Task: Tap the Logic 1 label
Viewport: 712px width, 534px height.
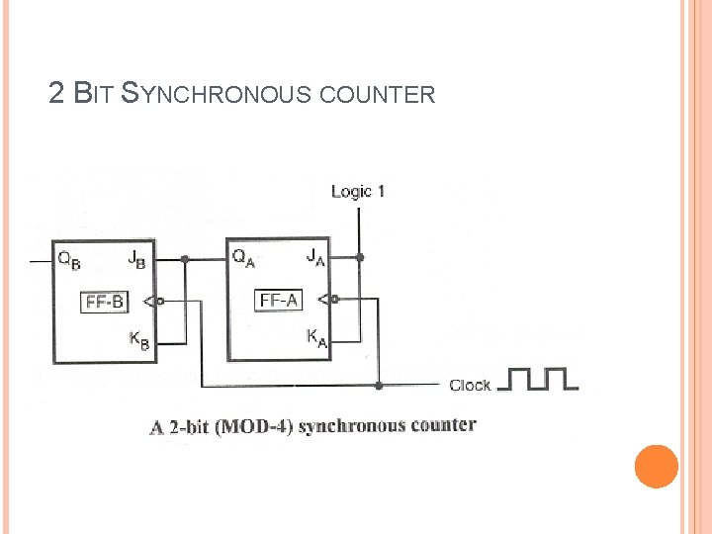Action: [357, 191]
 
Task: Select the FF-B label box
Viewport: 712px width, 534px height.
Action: [105, 302]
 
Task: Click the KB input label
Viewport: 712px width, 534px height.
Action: [139, 340]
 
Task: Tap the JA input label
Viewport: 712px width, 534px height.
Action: [315, 257]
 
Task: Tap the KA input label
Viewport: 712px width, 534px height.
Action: [316, 337]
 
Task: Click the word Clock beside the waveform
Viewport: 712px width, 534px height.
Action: [470, 385]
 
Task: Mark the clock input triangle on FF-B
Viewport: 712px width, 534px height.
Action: [149, 301]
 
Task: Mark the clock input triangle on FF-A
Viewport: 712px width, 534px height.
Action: [327, 299]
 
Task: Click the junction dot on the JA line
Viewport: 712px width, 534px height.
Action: [360, 258]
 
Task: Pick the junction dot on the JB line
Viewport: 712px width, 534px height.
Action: [184, 260]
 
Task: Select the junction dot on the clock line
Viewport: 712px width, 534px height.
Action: [379, 385]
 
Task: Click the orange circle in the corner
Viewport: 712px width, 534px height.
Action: [656, 466]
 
